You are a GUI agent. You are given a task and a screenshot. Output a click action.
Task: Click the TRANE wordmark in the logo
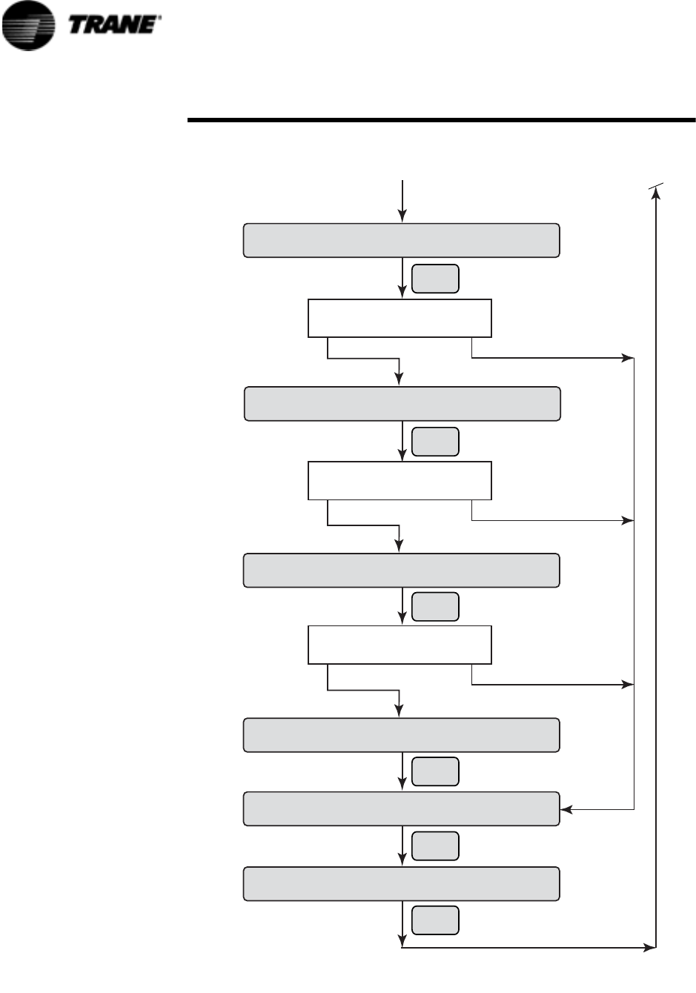tap(113, 24)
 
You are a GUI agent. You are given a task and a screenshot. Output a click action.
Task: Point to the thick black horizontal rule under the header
tap(441, 119)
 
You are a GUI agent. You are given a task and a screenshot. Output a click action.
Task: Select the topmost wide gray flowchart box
tap(401, 241)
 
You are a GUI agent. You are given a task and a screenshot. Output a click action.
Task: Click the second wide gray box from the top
tap(401, 404)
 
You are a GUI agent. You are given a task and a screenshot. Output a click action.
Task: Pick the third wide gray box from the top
tap(401, 571)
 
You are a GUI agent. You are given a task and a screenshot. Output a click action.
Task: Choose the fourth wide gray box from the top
tap(401, 735)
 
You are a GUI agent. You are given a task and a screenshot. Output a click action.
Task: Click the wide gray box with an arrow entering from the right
tap(401, 808)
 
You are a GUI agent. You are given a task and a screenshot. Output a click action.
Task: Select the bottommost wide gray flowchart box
tap(401, 883)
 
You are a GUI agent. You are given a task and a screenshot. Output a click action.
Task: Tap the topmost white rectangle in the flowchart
tap(400, 318)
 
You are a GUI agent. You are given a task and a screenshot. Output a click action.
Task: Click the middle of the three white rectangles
tap(400, 481)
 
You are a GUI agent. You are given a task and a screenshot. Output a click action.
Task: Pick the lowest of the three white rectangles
tap(400, 645)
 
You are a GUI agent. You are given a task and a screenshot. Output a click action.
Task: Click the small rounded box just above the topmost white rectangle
tap(435, 279)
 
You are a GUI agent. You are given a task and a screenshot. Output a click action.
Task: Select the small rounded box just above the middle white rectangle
tap(435, 442)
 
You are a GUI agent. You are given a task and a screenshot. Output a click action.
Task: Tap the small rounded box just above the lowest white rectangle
tap(435, 607)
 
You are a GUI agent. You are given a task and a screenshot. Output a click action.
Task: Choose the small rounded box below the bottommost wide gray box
tap(435, 920)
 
